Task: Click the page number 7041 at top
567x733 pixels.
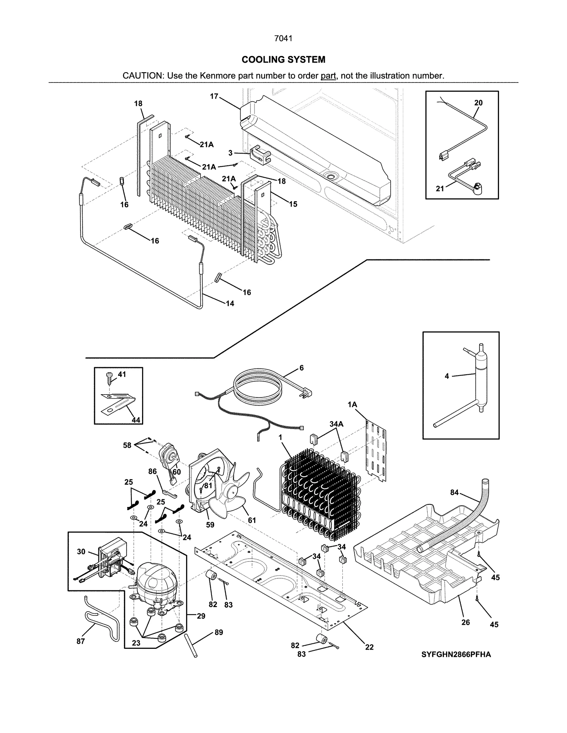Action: coord(283,39)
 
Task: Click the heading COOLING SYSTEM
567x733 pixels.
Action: coord(283,59)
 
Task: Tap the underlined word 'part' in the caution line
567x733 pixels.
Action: coord(328,76)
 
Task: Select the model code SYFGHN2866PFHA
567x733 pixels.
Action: coord(456,654)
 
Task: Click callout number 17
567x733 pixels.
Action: coord(214,96)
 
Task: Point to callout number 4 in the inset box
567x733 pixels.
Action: coord(447,376)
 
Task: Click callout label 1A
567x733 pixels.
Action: coord(352,405)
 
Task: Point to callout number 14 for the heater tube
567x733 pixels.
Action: coord(230,303)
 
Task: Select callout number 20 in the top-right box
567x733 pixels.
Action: coord(478,103)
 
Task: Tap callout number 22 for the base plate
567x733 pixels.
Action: coord(369,647)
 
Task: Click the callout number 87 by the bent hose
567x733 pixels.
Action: coord(80,641)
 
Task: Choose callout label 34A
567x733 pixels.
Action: coord(336,424)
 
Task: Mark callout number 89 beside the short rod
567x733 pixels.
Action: coord(219,632)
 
